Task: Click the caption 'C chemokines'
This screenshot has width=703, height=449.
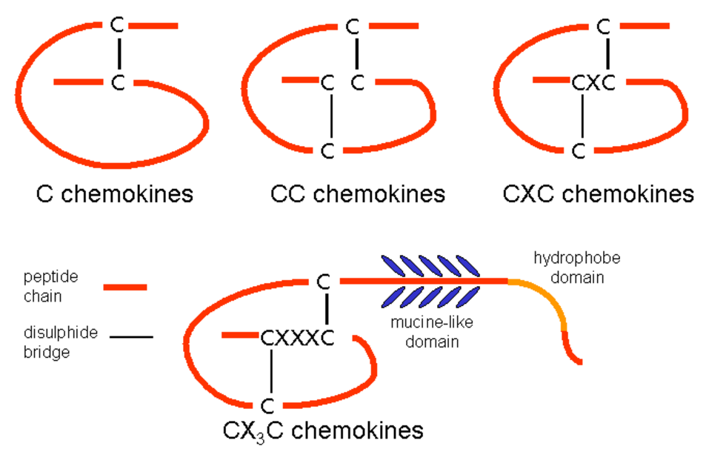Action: (x=115, y=194)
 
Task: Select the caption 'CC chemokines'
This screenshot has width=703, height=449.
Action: (x=358, y=194)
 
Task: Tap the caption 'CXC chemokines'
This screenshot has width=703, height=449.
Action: (x=599, y=194)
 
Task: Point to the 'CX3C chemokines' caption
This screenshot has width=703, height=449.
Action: (x=323, y=430)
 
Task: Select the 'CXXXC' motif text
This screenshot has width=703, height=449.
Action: (x=293, y=339)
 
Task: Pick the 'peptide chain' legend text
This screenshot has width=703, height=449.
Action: (x=50, y=286)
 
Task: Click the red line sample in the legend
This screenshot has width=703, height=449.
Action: (x=125, y=287)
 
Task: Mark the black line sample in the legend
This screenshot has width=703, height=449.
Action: (x=132, y=337)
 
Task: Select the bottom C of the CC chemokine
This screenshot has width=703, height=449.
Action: (x=328, y=150)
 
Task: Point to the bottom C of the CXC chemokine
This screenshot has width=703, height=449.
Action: (x=581, y=150)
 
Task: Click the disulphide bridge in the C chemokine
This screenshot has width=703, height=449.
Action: (x=117, y=53)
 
